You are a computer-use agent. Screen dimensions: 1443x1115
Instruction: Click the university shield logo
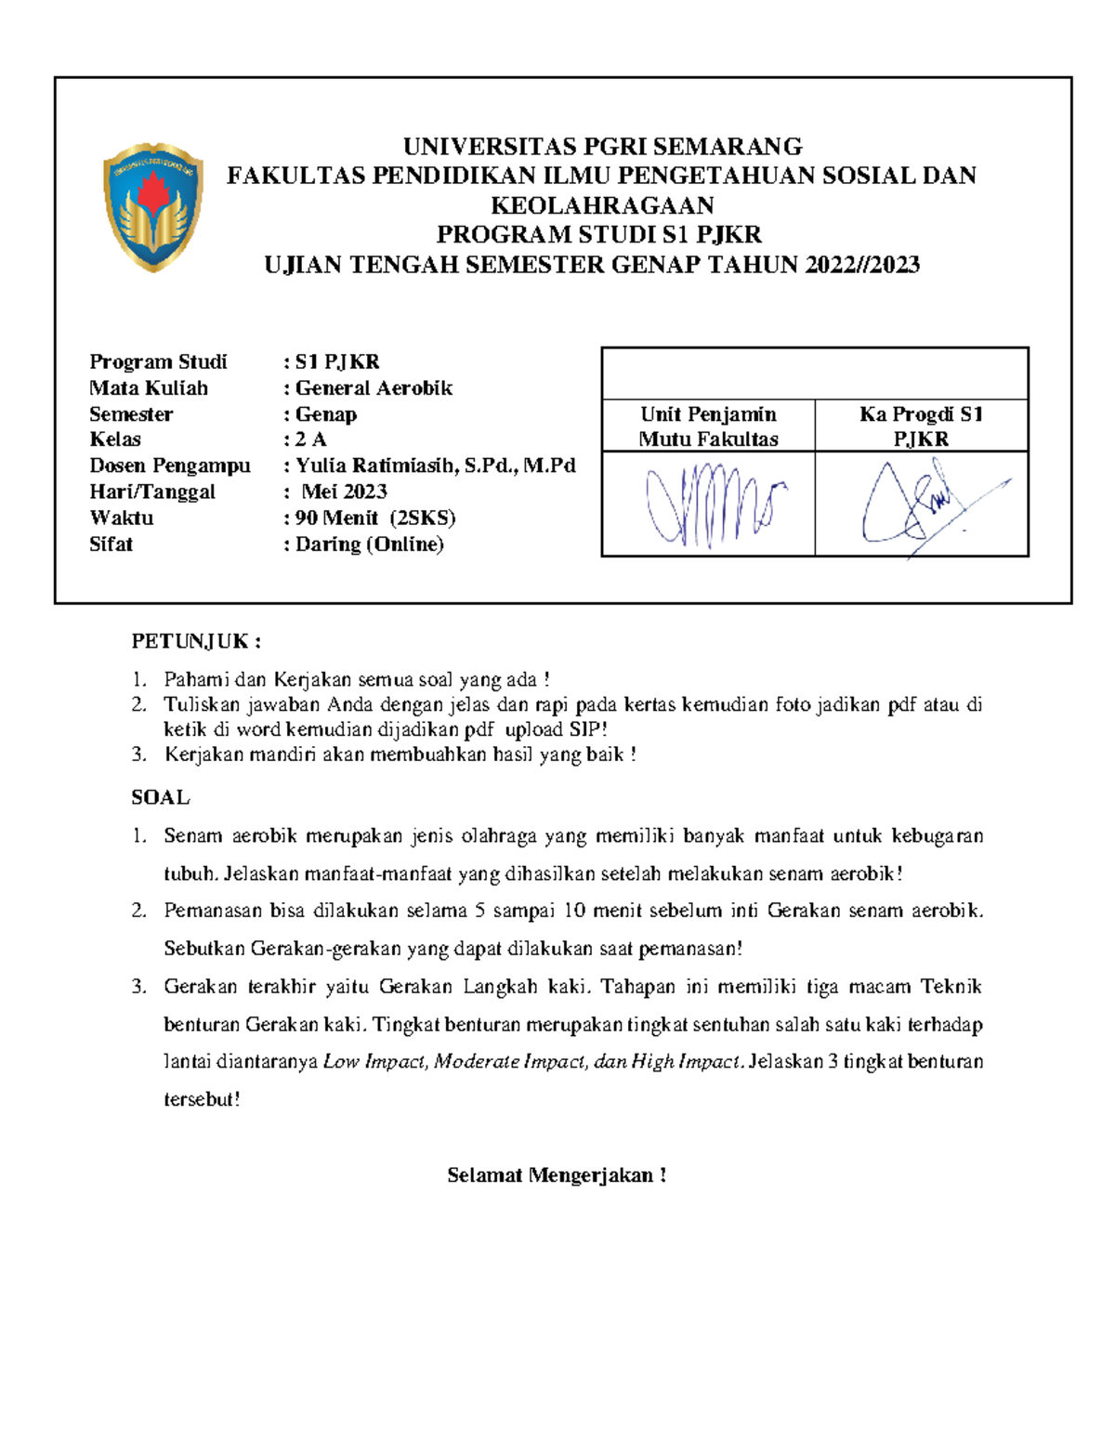pos(153,206)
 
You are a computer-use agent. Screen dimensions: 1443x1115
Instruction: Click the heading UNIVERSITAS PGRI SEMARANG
pos(602,147)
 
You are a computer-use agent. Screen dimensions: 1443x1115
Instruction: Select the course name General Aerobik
pos(374,388)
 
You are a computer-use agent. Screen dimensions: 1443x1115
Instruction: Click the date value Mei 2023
pos(345,492)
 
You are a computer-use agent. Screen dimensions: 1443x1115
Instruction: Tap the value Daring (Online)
pos(369,544)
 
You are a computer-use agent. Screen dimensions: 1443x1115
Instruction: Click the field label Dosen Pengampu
pos(170,466)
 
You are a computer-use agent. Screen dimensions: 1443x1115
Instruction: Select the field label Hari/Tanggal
pos(152,492)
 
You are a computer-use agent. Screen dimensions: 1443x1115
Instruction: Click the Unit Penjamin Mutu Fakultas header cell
pos(708,426)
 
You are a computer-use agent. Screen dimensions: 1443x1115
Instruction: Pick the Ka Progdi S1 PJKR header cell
pos(921,426)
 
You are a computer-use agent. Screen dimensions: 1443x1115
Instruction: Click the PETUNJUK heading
pos(196,641)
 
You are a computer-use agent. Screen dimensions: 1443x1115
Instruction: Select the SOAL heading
pos(161,797)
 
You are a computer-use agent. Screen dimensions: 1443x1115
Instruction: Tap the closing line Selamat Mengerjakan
pos(557,1175)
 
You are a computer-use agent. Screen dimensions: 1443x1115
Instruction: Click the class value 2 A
pos(311,439)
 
